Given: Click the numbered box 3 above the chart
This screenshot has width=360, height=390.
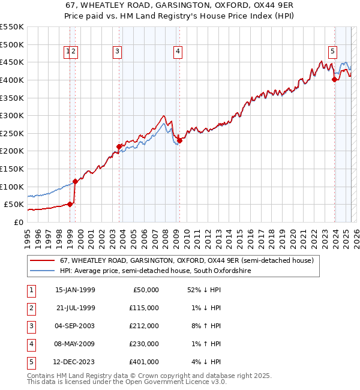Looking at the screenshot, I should pyautogui.click(x=116, y=52).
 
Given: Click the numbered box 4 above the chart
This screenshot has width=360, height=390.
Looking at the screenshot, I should pyautogui.click(x=178, y=52).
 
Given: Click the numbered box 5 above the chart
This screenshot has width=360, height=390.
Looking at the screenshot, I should pyautogui.click(x=332, y=52).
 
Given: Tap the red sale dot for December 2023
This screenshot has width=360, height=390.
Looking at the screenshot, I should pyautogui.click(x=334, y=79).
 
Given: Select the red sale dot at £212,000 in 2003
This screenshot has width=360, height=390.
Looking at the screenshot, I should pyautogui.click(x=119, y=146).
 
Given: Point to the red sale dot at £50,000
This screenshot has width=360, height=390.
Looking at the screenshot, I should pyautogui.click(x=70, y=204).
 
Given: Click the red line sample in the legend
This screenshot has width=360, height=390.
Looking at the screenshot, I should pyautogui.click(x=43, y=261).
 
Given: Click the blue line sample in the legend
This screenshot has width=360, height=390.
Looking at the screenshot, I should pyautogui.click(x=43, y=271).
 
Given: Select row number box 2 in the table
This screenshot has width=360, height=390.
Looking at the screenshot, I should pyautogui.click(x=31, y=308).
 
